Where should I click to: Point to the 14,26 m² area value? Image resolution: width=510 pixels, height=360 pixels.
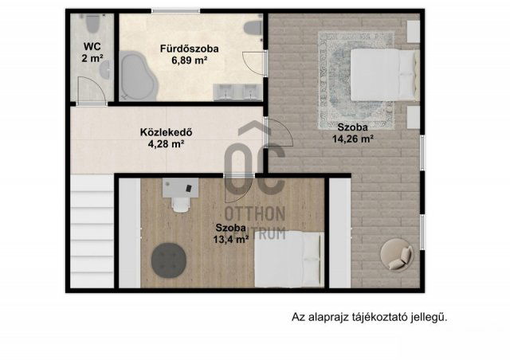click(x=352, y=139)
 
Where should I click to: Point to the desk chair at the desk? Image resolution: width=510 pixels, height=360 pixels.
click(x=180, y=204)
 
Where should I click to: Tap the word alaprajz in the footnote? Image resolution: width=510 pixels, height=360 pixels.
click(x=334, y=317)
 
